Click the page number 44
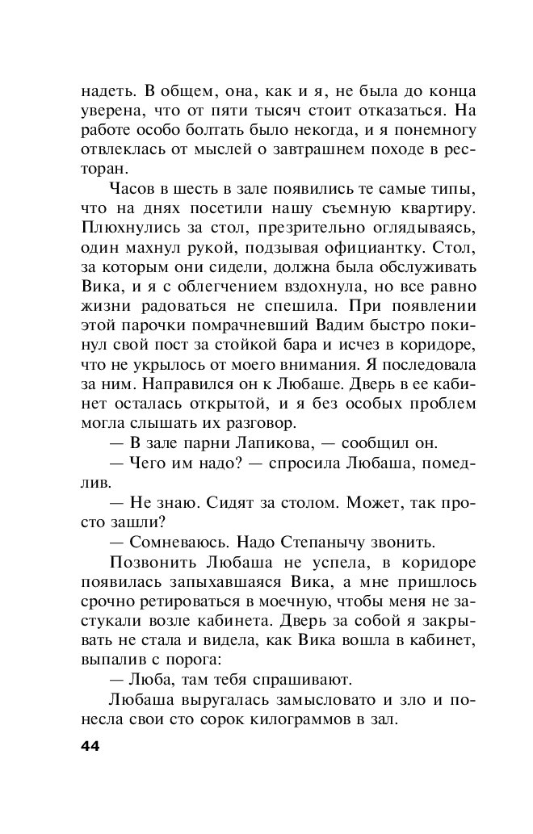(x=90, y=746)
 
